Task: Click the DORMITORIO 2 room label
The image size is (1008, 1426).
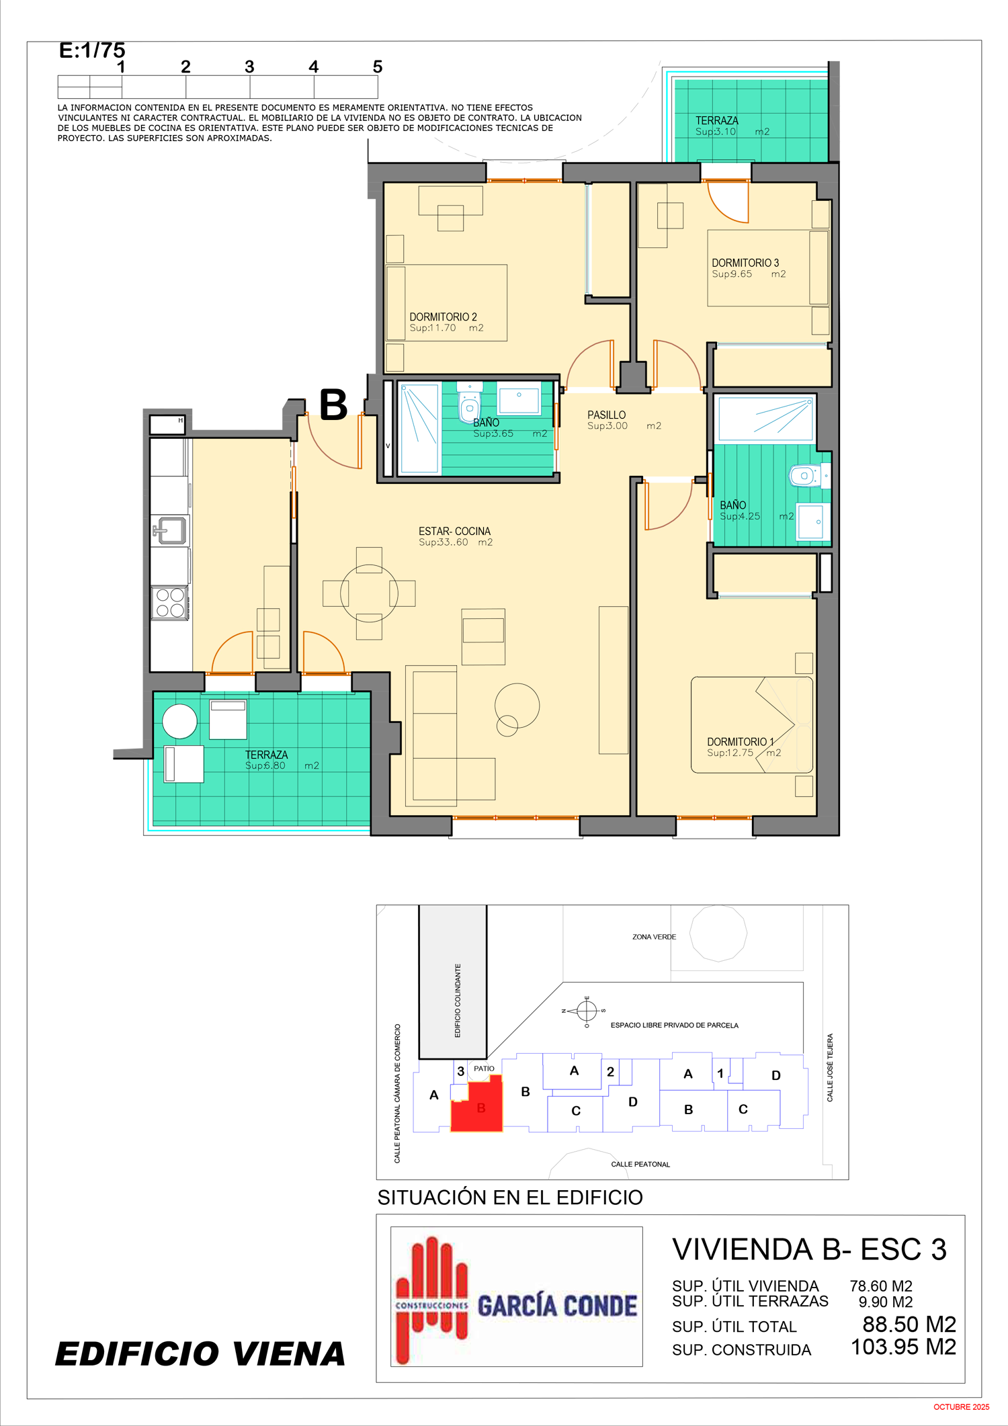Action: pos(444,317)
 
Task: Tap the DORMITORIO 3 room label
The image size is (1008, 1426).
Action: pos(745,263)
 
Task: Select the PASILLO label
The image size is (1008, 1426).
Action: pos(606,415)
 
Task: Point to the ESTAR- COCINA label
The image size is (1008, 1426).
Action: pos(454,531)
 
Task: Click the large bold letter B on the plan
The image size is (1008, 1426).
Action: pos(333,405)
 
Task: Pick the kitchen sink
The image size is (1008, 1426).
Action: pos(171,530)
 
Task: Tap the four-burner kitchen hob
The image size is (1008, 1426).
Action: pos(170,603)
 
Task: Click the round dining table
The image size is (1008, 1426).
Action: pos(369,593)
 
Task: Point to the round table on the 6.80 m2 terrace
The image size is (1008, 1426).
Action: pos(179,722)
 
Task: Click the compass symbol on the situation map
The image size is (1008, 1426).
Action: pos(587,1010)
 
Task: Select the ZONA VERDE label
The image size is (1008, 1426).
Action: pos(654,937)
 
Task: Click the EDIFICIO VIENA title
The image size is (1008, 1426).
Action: pos(200,1353)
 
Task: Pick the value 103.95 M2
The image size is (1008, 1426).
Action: pos(903,1347)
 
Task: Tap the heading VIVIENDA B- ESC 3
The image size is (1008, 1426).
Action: pos(809,1249)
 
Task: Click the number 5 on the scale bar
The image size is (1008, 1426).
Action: pos(378,67)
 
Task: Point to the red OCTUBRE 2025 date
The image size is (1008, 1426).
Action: pos(961,1407)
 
